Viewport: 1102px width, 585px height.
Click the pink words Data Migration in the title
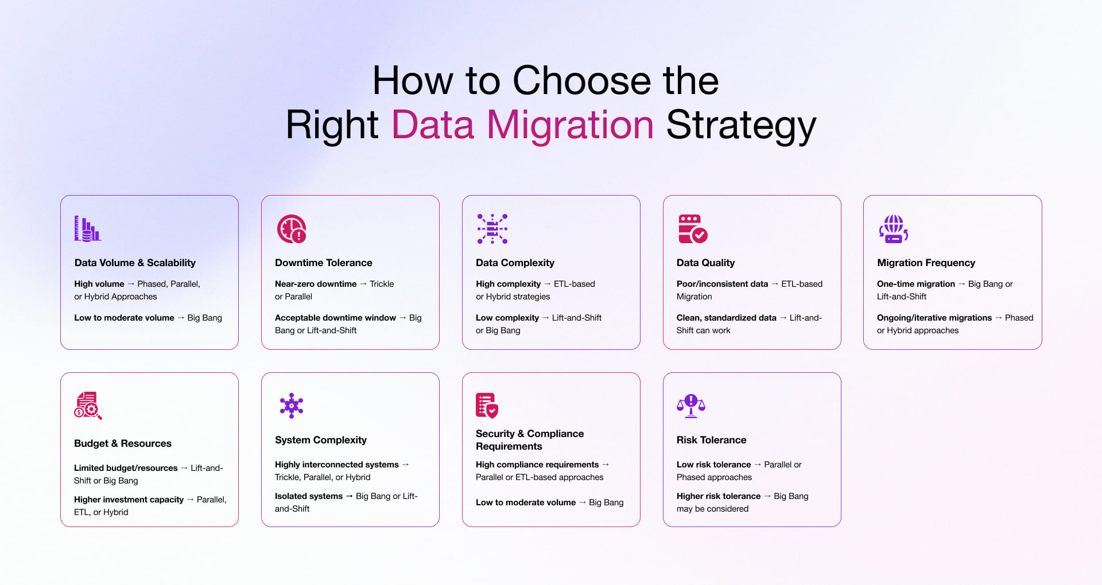pyautogui.click(x=522, y=125)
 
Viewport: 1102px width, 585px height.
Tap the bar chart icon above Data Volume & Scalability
pyautogui.click(x=87, y=229)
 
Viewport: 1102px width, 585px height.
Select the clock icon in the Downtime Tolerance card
pyautogui.click(x=291, y=229)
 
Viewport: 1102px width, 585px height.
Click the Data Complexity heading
pyautogui.click(x=515, y=263)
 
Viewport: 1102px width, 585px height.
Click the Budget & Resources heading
pyautogui.click(x=123, y=443)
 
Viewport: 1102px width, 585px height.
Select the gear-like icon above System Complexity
pyautogui.click(x=291, y=405)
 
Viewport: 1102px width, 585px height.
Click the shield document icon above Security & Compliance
pyautogui.click(x=487, y=405)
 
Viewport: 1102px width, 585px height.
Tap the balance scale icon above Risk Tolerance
pyautogui.click(x=691, y=405)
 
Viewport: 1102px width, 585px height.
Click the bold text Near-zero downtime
pyautogui.click(x=316, y=284)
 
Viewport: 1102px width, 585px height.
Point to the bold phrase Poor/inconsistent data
pyautogui.click(x=722, y=284)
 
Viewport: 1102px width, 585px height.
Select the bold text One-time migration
pyautogui.click(x=916, y=284)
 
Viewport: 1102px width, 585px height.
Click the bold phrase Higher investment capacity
pyautogui.click(x=129, y=500)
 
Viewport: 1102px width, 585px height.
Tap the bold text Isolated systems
pyautogui.click(x=309, y=496)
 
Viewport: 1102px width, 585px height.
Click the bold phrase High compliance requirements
pyautogui.click(x=537, y=465)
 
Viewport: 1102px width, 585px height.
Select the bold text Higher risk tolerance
pyautogui.click(x=719, y=496)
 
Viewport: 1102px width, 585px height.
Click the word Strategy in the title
pyautogui.click(x=740, y=125)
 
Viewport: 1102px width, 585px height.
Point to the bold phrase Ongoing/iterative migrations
pyautogui.click(x=934, y=318)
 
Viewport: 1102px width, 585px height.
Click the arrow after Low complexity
pyautogui.click(x=545, y=318)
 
